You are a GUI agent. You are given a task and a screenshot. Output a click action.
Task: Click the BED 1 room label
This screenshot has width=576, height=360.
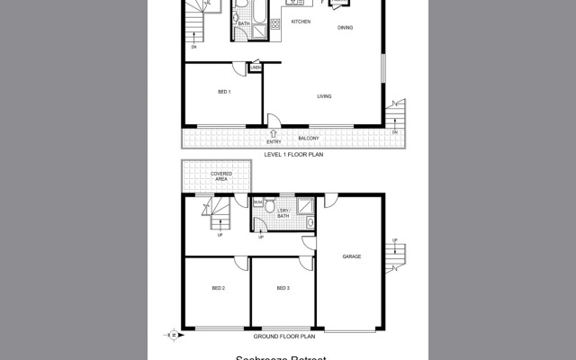pos(224,92)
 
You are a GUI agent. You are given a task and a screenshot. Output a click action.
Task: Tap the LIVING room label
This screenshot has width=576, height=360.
pos(325,96)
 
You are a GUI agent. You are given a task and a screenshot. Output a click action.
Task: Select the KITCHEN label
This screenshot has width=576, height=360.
pos(300,21)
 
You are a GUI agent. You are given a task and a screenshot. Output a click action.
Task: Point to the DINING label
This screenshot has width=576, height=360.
pos(346,28)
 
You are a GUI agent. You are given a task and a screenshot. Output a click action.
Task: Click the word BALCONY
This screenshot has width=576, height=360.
pos(309,139)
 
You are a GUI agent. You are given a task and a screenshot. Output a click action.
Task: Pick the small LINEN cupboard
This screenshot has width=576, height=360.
pos(256,67)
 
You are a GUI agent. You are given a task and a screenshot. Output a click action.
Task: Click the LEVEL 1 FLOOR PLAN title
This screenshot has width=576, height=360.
pos(293,155)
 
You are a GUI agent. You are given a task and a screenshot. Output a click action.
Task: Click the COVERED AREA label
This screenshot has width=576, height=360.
pos(221,175)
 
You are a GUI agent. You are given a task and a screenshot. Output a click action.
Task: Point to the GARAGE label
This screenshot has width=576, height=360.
pos(352,256)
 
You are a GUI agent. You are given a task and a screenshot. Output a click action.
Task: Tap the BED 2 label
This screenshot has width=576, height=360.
pos(218,288)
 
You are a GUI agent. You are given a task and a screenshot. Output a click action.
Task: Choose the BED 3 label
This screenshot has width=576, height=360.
pos(283,288)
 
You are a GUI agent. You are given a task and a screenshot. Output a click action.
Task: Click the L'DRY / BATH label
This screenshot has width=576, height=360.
pos(283,214)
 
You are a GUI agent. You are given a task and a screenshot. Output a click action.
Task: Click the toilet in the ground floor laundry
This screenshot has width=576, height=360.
pos(256,204)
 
